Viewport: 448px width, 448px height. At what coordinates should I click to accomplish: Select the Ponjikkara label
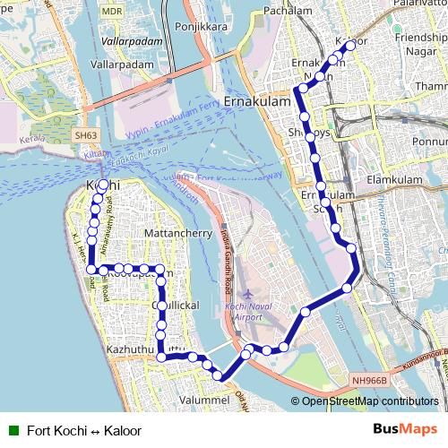tap(202, 27)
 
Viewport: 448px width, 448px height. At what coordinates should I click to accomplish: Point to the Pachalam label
tap(287, 11)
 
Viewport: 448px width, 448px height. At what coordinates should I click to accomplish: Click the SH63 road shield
tap(86, 135)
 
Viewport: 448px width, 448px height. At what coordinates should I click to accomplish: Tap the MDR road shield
tap(112, 11)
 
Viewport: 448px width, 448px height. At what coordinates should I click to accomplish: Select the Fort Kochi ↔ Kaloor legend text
tap(84, 430)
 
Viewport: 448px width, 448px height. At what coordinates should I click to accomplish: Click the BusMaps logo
tap(405, 429)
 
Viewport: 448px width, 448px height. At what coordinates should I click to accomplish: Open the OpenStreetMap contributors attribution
tap(370, 401)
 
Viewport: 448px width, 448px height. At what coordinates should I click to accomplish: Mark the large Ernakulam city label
tap(259, 102)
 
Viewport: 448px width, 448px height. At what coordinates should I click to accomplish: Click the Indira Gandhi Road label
tap(225, 260)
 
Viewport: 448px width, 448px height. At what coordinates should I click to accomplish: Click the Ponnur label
tap(429, 142)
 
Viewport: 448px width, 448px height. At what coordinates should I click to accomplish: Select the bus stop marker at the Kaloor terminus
tap(349, 45)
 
